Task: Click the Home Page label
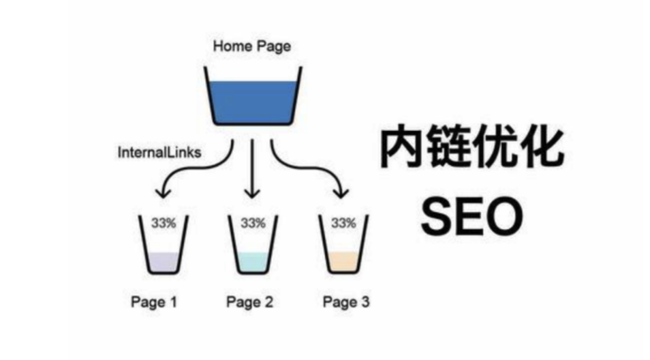pos(252,44)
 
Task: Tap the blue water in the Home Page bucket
pos(253,102)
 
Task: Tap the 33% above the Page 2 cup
pos(254,223)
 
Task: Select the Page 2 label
pos(249,302)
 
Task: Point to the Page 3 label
pos(346,302)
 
